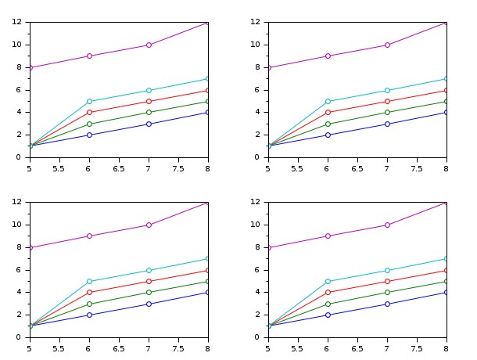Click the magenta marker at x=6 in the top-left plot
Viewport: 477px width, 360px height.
pyautogui.click(x=89, y=56)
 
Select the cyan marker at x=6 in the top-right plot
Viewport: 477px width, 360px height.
pyautogui.click(x=328, y=101)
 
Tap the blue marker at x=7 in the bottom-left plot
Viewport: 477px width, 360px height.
pyautogui.click(x=149, y=304)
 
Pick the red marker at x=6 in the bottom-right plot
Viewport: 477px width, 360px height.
pyautogui.click(x=328, y=293)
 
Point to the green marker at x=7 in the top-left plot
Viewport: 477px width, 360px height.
pyautogui.click(x=149, y=113)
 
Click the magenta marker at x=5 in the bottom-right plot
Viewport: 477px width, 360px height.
pyautogui.click(x=268, y=247)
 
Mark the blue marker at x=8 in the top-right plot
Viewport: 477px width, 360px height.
pyautogui.click(x=447, y=113)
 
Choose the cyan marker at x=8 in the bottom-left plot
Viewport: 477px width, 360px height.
pyautogui.click(x=208, y=258)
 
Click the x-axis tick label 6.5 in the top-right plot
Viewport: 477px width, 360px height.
pyautogui.click(x=357, y=167)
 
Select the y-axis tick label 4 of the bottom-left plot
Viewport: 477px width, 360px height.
pyautogui.click(x=23, y=293)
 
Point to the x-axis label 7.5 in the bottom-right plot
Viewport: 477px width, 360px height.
pyautogui.click(x=417, y=347)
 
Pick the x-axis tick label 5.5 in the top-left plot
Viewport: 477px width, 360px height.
pyautogui.click(x=59, y=167)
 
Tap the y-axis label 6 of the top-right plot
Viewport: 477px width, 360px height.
pyautogui.click(x=261, y=90)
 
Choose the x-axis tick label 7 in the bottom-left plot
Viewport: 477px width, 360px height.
pyautogui.click(x=149, y=347)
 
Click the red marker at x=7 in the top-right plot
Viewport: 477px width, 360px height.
pyautogui.click(x=387, y=101)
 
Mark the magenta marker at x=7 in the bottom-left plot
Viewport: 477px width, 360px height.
pyautogui.click(x=149, y=225)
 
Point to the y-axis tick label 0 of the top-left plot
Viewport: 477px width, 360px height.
pyautogui.click(x=23, y=157)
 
